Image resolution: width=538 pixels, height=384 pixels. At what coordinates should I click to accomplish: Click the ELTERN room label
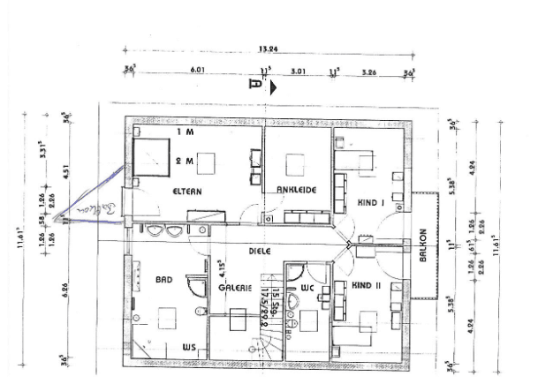(187, 191)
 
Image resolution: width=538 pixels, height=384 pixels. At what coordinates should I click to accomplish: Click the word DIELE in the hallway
(259, 251)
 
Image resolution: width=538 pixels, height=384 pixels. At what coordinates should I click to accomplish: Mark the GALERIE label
(234, 289)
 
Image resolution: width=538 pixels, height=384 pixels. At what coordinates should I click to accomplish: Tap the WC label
(307, 288)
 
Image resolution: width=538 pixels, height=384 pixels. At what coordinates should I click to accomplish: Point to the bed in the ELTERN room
(151, 156)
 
